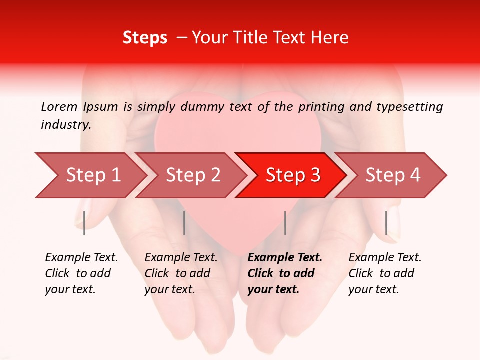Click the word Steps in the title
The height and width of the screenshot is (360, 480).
click(x=145, y=38)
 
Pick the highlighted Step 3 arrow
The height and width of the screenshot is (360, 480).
click(x=293, y=175)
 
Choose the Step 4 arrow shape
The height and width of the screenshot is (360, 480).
click(x=393, y=175)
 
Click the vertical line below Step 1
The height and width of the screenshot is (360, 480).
click(x=84, y=223)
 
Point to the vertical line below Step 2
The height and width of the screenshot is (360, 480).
click(x=184, y=223)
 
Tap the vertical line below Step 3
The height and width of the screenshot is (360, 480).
click(x=285, y=223)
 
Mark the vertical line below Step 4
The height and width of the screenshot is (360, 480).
click(x=386, y=223)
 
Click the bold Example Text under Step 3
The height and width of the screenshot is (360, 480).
click(x=285, y=258)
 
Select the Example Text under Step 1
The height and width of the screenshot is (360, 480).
click(x=81, y=258)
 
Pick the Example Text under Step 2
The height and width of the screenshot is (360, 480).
click(x=181, y=258)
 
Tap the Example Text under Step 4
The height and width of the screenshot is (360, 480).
click(x=385, y=258)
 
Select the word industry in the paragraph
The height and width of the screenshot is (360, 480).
click(x=65, y=125)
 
